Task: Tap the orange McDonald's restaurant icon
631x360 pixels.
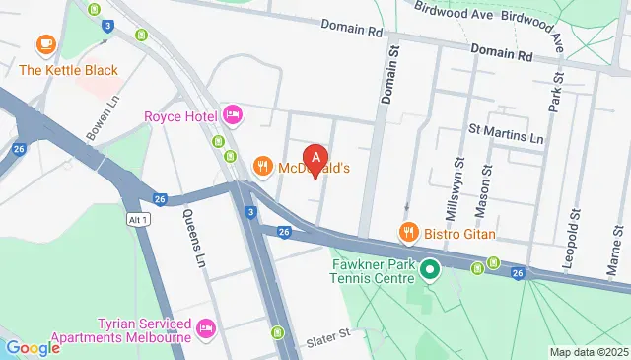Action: point(262,167)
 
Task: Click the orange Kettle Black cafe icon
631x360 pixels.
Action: point(45,44)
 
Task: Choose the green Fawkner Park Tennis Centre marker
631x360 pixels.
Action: point(430,268)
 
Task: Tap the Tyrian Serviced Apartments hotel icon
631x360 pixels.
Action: point(206,326)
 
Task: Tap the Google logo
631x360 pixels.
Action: point(33,347)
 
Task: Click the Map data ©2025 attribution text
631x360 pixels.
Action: point(588,352)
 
